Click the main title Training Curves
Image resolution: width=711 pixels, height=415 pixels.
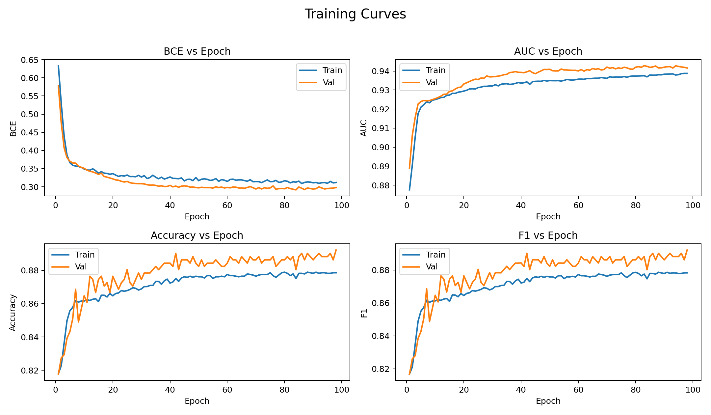[x=355, y=14]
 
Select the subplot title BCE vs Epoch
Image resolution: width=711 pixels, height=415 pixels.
[x=197, y=51]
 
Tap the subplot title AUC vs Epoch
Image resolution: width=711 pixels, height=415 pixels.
[x=548, y=51]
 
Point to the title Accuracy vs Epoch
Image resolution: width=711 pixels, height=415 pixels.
[x=197, y=235]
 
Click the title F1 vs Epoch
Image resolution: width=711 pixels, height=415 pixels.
[x=548, y=235]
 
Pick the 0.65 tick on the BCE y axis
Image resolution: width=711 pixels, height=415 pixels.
[x=30, y=60]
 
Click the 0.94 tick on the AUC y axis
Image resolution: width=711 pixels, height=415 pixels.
[x=381, y=71]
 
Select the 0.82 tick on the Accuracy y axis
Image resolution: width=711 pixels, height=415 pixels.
[x=30, y=371]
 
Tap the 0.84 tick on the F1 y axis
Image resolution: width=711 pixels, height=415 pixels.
[x=381, y=336]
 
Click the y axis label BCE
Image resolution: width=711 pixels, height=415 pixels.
[x=13, y=128]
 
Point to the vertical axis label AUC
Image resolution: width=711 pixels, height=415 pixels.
[x=364, y=128]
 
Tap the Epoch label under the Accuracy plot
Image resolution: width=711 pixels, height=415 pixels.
[x=197, y=401]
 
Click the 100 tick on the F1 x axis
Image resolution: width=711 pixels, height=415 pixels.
[x=693, y=390]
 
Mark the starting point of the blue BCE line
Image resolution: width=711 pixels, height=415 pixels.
[x=58, y=65]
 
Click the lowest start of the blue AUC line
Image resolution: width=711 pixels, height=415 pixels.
[x=409, y=190]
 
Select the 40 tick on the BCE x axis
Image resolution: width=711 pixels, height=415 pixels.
[x=170, y=205]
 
